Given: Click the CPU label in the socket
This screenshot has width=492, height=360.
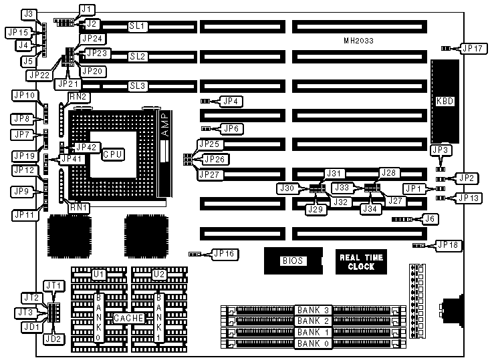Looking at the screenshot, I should tap(112, 154).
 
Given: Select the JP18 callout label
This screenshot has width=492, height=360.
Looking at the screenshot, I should tap(448, 245).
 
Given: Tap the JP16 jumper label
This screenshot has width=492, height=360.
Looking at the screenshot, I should tap(223, 254).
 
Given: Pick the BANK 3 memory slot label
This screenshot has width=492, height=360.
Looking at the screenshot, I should tap(314, 311).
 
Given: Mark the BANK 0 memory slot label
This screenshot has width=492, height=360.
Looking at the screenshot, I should tap(314, 343).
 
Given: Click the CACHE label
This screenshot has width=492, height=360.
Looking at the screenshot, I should tap(128, 319).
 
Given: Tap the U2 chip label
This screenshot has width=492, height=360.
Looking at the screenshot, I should tap(158, 274).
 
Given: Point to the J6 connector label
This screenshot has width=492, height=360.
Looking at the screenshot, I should tap(431, 218).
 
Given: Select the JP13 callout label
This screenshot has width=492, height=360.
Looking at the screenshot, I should tap(468, 198).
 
